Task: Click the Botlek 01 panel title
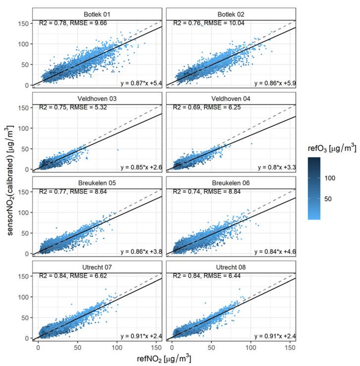point(97,14)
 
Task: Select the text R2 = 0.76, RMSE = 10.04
point(208,23)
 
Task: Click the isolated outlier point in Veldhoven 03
point(118,150)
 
